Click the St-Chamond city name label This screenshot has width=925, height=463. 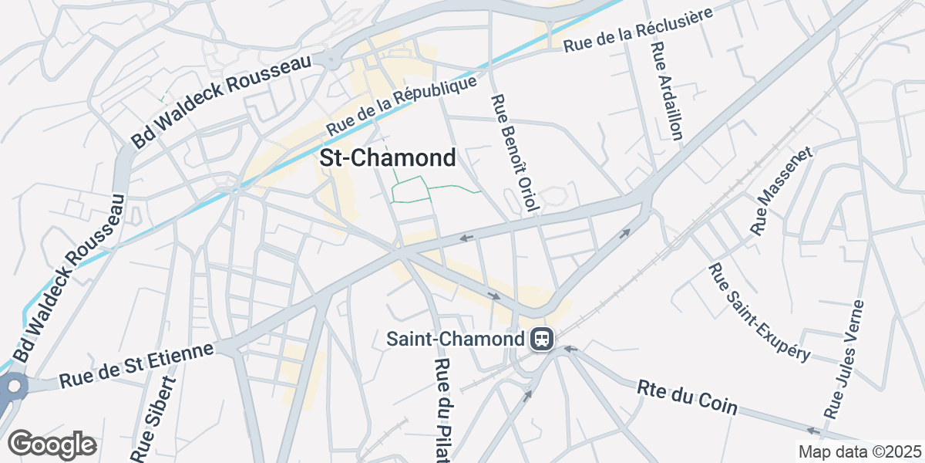point(387,159)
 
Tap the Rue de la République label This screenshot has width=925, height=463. point(402,106)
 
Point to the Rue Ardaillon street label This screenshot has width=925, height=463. point(667,91)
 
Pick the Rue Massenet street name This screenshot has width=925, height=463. point(782,189)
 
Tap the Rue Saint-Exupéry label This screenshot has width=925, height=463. point(759,312)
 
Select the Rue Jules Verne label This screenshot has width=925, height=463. point(845,360)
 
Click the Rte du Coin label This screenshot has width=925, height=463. point(688,397)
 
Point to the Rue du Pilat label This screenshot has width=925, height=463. point(442,411)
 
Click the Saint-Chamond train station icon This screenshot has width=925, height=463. point(541,339)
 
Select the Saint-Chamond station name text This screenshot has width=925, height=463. point(455,339)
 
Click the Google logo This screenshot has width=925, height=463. point(52,444)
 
